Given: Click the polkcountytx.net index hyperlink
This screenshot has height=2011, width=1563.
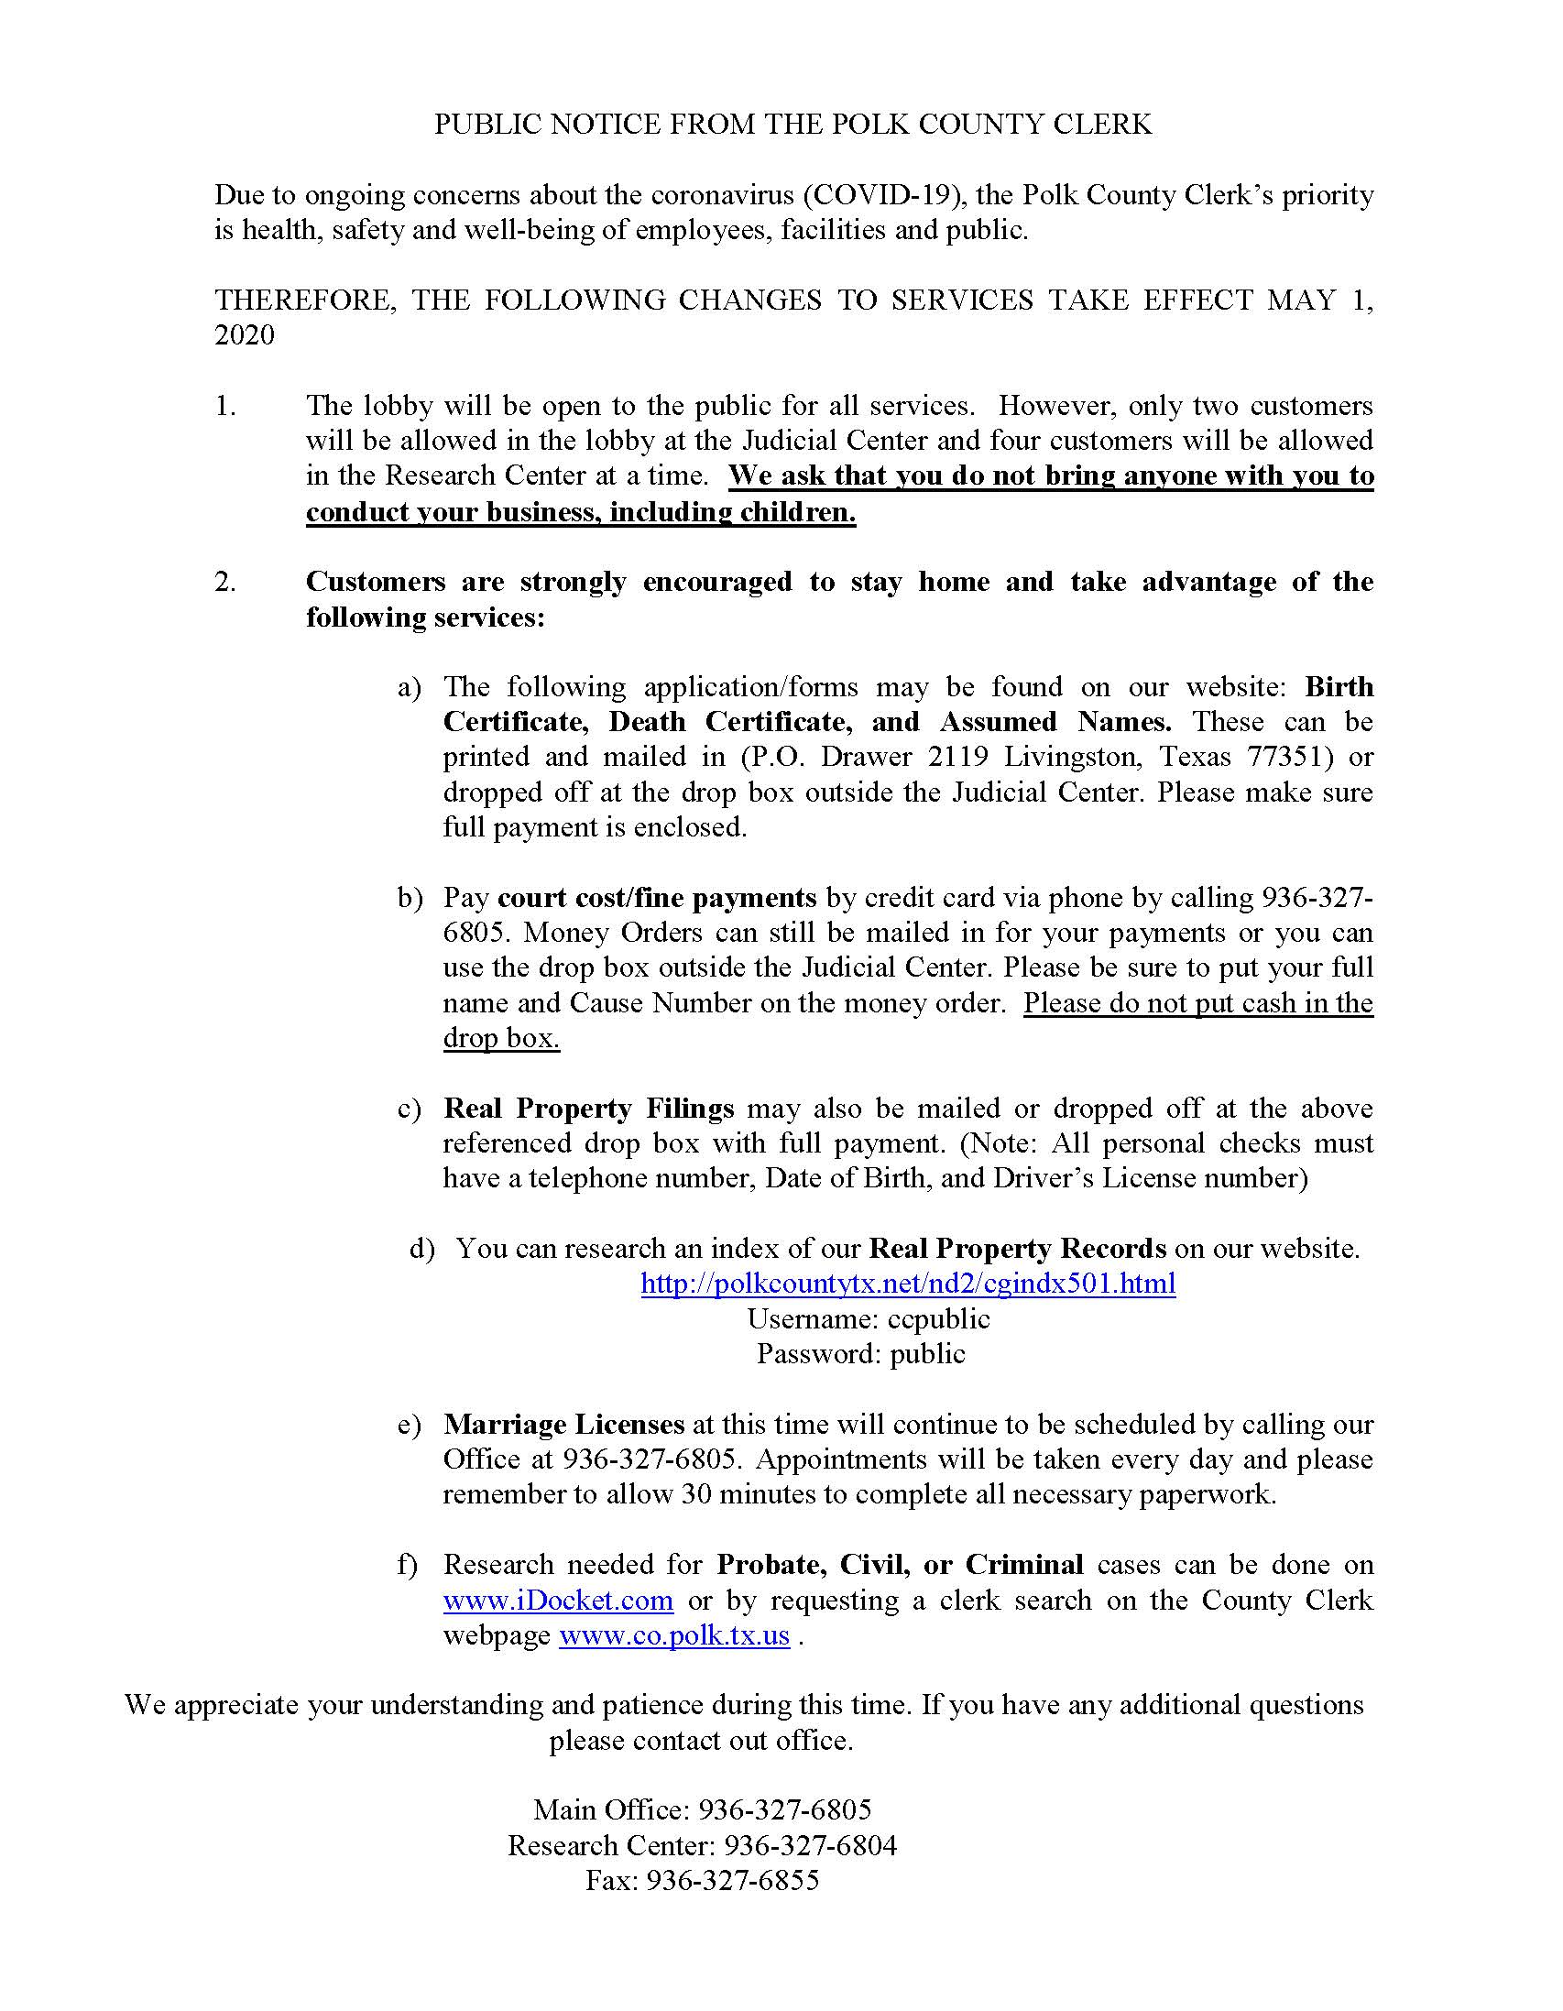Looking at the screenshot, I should [x=907, y=1283].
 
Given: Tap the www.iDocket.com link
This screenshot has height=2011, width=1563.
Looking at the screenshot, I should [x=558, y=1600].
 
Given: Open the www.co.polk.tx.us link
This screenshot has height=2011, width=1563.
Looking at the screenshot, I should [x=674, y=1634].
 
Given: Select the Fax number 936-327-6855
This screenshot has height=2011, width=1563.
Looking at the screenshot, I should [x=732, y=1880].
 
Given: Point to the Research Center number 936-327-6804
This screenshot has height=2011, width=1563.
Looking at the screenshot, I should [x=811, y=1845].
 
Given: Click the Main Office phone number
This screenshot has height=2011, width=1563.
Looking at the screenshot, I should [x=785, y=1810].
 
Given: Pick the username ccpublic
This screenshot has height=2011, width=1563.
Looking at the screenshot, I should [x=938, y=1318].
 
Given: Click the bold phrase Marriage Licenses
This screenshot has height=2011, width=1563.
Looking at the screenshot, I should [x=563, y=1425].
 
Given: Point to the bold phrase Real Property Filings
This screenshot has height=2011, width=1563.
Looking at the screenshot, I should [x=588, y=1108].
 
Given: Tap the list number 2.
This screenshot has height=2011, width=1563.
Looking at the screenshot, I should [x=224, y=582].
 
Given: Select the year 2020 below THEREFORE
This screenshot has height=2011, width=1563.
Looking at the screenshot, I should [x=245, y=334].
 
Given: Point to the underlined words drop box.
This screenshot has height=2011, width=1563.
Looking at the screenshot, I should [x=501, y=1038].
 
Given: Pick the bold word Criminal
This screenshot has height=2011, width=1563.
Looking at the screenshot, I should [x=1024, y=1565].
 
